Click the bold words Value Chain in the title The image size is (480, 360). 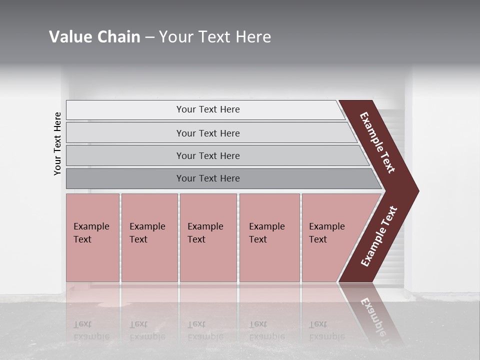click(94, 37)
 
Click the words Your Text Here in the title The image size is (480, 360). click(215, 37)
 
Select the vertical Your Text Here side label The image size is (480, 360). click(57, 143)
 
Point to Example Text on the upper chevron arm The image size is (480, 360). click(377, 142)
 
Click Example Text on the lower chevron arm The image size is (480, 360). click(378, 236)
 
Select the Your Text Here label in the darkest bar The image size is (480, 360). click(208, 178)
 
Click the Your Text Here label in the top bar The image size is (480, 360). click(208, 109)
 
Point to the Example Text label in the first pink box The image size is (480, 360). click(91, 233)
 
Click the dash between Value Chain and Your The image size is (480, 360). click(149, 37)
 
